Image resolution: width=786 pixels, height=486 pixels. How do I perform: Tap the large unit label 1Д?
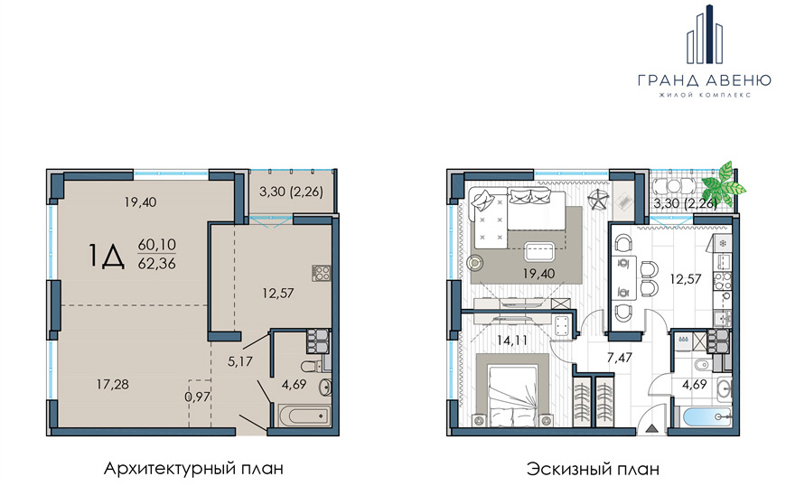tap(107, 256)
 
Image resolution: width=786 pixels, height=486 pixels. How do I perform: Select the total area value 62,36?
tap(157, 264)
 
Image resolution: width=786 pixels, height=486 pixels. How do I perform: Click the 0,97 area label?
tap(197, 397)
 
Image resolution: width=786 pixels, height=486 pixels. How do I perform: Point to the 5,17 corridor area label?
tap(240, 360)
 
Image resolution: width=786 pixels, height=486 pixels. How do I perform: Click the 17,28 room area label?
tap(113, 384)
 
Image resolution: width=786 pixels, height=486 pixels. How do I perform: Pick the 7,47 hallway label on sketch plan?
tap(619, 357)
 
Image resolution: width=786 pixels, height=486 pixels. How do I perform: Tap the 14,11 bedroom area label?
tap(511, 341)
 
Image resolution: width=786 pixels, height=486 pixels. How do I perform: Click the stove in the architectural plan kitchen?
tap(322, 273)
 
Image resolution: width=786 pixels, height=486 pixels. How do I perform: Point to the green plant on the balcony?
tap(724, 185)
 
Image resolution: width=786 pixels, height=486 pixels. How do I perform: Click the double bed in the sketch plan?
tap(512, 390)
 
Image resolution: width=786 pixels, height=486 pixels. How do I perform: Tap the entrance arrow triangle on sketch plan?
tap(652, 428)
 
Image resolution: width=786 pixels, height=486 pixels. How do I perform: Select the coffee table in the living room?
tap(538, 251)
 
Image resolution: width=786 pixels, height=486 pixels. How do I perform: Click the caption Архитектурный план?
tap(193, 469)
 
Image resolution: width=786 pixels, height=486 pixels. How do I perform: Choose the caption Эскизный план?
tap(593, 470)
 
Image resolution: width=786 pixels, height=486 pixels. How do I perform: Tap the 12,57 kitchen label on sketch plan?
tap(685, 279)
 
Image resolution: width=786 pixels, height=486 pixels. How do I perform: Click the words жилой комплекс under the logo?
tap(705, 95)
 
